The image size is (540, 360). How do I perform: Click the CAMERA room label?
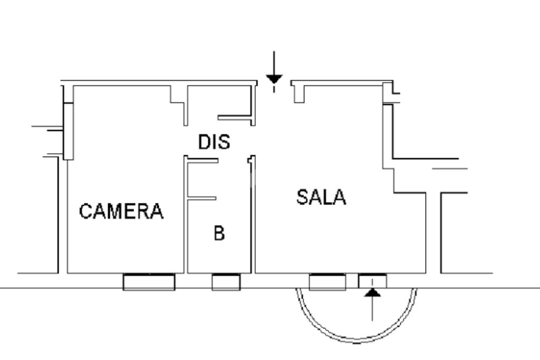[121, 211]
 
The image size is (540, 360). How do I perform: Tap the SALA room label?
[321, 197]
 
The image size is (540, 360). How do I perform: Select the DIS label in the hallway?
[214, 142]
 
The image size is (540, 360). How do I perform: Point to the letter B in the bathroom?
[219, 232]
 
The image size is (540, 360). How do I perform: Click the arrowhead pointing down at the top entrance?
[274, 80]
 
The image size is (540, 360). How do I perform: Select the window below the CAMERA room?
[149, 281]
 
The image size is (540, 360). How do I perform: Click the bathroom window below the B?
[226, 282]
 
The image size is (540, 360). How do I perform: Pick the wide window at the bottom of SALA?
[327, 282]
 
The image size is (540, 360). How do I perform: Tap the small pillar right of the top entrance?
[298, 93]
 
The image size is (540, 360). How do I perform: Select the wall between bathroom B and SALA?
[252, 221]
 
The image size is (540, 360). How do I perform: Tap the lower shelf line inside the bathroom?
[202, 199]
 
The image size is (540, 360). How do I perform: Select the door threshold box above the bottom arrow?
[372, 281]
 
